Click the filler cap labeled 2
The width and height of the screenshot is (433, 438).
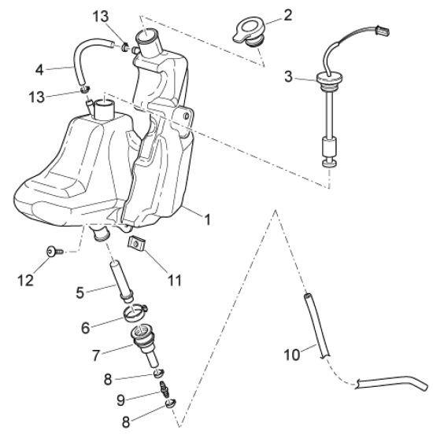point(249,33)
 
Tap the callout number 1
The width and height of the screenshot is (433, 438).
point(207,219)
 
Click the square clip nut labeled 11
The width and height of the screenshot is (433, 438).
point(136,243)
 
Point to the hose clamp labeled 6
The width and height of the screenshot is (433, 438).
point(135,313)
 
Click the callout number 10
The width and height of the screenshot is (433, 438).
point(292,355)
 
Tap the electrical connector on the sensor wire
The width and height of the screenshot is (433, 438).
point(382,30)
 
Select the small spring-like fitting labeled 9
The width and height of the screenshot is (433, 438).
point(165,389)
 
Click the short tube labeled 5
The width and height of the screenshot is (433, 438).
point(122,282)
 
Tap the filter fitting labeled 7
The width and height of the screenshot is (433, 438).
point(145,346)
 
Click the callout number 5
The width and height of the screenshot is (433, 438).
point(80,293)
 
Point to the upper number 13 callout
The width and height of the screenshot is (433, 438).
point(101,17)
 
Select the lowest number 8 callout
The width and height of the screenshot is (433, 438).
point(126,422)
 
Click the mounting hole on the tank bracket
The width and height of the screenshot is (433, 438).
point(186,116)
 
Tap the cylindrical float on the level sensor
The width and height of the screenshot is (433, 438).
point(330,148)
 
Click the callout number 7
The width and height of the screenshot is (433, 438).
point(96,355)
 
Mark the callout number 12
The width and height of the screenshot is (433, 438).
point(25,280)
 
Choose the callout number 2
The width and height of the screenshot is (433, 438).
point(288,15)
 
